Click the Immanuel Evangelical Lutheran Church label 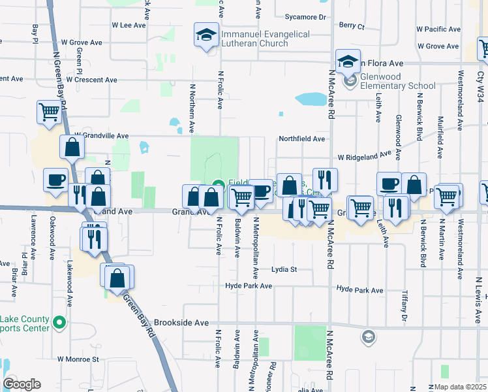click(x=254, y=39)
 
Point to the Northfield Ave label click(x=301, y=139)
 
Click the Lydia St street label click(x=284, y=269)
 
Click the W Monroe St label click(x=78, y=359)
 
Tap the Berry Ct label click(x=352, y=26)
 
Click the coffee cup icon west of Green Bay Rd click(x=55, y=180)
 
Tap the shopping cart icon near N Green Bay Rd click(x=49, y=112)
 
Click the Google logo click(x=22, y=384)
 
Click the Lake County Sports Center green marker click(x=59, y=323)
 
